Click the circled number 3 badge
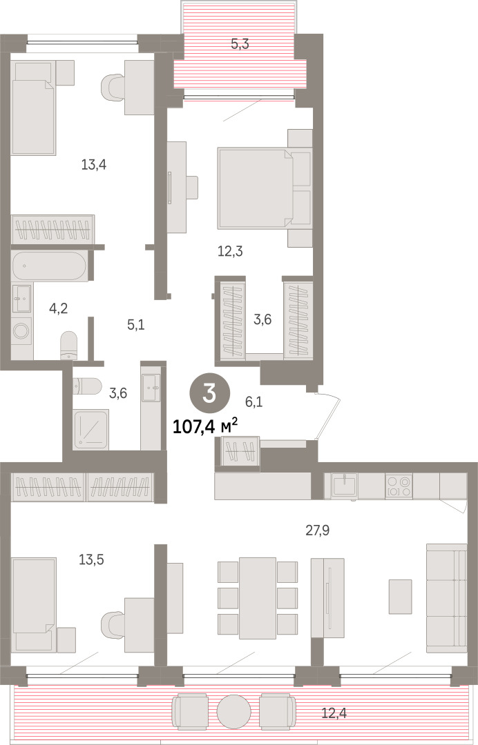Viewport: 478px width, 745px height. tap(210, 395)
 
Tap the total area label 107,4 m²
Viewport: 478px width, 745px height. tap(204, 427)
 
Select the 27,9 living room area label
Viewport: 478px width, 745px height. tap(317, 530)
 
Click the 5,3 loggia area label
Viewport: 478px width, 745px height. tap(240, 44)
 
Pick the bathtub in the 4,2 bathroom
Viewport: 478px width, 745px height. tap(49, 266)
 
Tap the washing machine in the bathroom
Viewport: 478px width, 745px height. tap(21, 330)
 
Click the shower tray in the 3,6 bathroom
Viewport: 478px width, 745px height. tap(91, 428)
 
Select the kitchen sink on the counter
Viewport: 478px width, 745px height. tap(345, 486)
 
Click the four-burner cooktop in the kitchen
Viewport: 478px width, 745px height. tap(399, 486)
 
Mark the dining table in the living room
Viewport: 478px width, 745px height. tap(258, 598)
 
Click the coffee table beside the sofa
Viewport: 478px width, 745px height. tap(401, 596)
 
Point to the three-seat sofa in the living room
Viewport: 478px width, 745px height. tap(446, 599)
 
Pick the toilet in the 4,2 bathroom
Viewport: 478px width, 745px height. tap(69, 345)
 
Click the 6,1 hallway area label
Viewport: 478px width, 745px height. tap(254, 402)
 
